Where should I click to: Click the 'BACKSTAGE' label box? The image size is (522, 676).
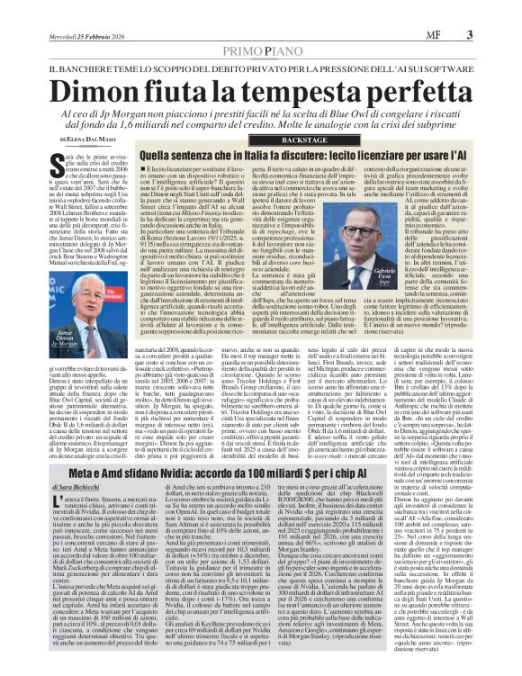tap(290, 142)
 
